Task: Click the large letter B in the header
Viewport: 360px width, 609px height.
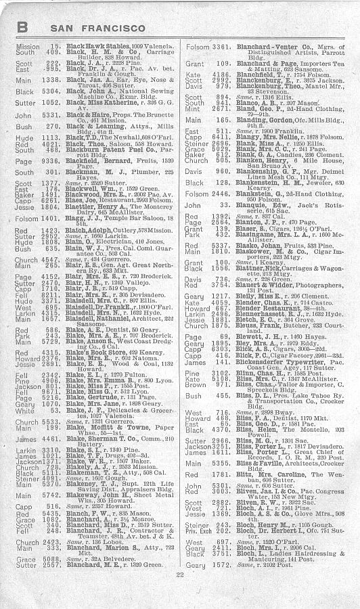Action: point(22,26)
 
